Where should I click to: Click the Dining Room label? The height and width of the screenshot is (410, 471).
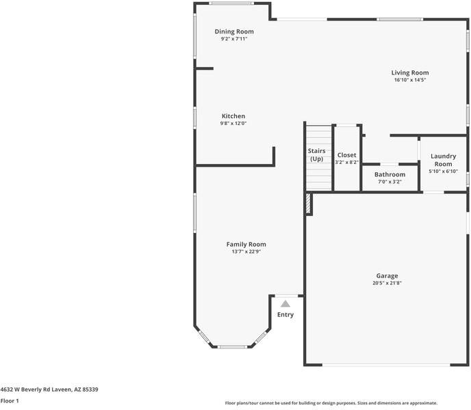[234, 31]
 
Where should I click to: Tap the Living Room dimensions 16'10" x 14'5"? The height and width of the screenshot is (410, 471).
[410, 80]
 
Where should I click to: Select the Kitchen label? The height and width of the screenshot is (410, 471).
[233, 116]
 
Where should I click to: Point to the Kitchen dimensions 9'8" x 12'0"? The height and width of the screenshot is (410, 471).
[233, 124]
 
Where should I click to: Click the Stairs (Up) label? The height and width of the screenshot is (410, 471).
[316, 154]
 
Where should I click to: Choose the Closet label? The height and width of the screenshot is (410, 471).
[346, 155]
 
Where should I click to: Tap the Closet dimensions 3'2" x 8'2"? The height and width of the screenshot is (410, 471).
[346, 163]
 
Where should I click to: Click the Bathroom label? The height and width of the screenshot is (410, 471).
[390, 174]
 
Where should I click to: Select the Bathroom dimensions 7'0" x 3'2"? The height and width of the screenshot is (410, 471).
[390, 182]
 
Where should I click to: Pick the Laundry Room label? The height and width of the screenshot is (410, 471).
[443, 160]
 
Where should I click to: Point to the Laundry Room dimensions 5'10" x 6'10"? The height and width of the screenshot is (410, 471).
[443, 172]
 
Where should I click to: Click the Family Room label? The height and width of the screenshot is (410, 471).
[246, 244]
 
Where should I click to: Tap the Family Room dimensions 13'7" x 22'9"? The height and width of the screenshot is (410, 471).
[246, 251]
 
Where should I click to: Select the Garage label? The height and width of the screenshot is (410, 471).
[387, 275]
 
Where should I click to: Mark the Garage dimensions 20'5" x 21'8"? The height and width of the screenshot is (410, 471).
[387, 283]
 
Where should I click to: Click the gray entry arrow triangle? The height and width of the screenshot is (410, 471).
[285, 303]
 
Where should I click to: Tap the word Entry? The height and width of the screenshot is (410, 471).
[285, 315]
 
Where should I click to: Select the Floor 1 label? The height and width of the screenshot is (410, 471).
[10, 400]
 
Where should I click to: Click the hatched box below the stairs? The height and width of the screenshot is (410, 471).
[309, 203]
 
